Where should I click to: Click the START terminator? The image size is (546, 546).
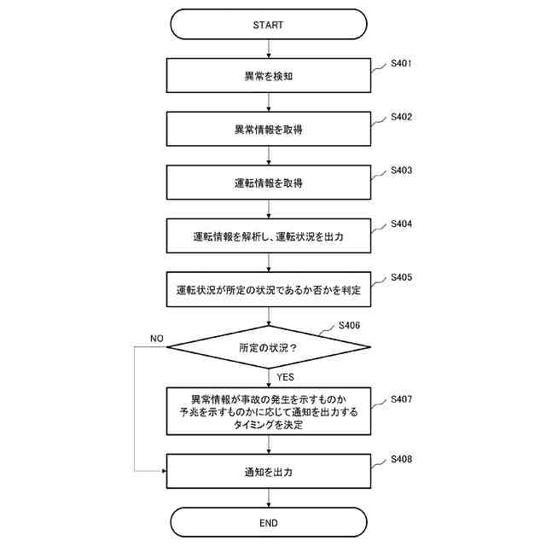pyautogui.click(x=269, y=25)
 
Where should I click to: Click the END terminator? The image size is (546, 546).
pyautogui.click(x=269, y=522)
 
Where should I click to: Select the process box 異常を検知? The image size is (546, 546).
pyautogui.click(x=269, y=76)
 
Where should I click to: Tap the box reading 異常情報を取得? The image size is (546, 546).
pyautogui.click(x=269, y=130)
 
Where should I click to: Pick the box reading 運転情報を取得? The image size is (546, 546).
pyautogui.click(x=269, y=183)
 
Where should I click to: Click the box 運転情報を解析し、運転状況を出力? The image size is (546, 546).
pyautogui.click(x=269, y=236)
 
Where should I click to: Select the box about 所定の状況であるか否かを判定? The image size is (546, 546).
pyautogui.click(x=269, y=290)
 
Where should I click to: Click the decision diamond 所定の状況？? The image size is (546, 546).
pyautogui.click(x=269, y=347)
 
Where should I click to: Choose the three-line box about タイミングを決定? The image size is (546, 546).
pyautogui.click(x=269, y=412)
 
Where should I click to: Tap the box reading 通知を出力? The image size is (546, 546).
pyautogui.click(x=269, y=471)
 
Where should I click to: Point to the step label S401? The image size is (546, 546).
pyautogui.click(x=402, y=63)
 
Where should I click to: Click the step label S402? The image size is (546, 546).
pyautogui.click(x=402, y=117)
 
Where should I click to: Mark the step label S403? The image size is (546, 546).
pyautogui.click(x=402, y=171)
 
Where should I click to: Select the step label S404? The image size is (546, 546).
pyautogui.click(x=402, y=224)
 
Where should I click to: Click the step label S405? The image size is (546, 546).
pyautogui.click(x=402, y=277)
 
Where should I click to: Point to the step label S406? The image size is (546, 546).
pyautogui.click(x=349, y=325)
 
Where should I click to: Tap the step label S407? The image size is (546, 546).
pyautogui.click(x=402, y=399)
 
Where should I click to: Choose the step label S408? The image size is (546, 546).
pyautogui.click(x=402, y=459)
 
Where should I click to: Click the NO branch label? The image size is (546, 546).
pyautogui.click(x=156, y=339)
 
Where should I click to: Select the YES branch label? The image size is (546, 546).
pyautogui.click(x=286, y=375)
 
